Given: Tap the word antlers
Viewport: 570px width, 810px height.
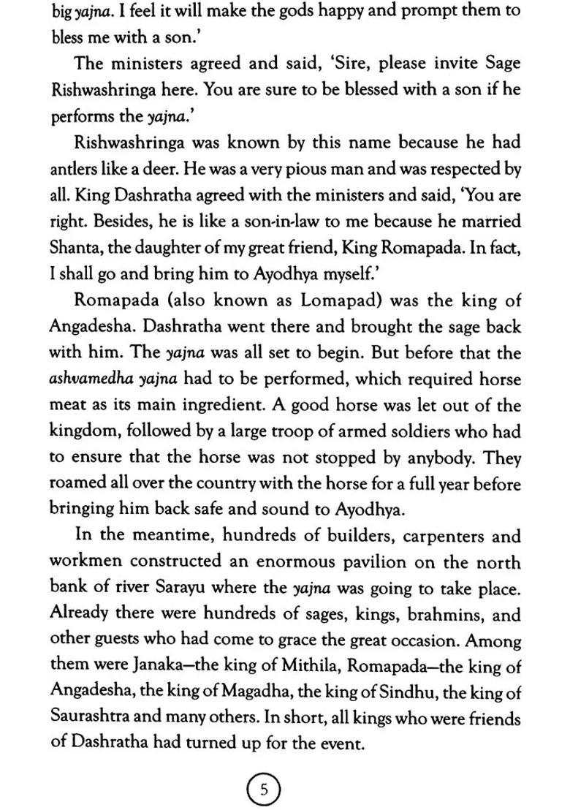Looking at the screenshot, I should pos(72,170).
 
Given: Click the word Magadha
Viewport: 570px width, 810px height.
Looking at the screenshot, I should pos(281,693).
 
